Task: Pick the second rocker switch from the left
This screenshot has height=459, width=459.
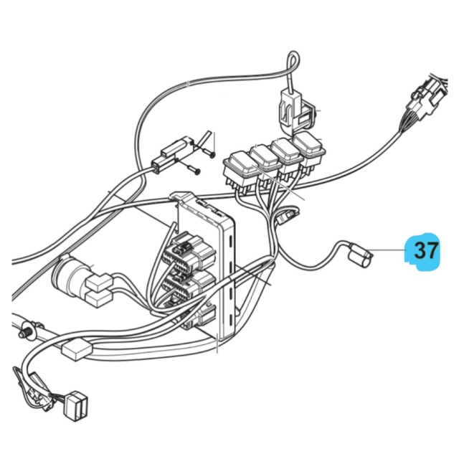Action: (x=265, y=160)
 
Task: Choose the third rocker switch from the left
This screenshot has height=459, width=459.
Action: (x=287, y=153)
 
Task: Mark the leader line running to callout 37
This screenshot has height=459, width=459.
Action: (x=391, y=250)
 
